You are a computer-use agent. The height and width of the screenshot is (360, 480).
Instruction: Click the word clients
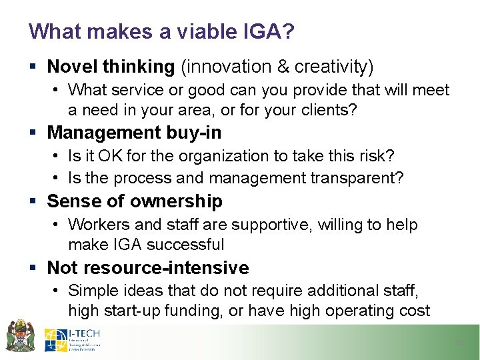pos(331,110)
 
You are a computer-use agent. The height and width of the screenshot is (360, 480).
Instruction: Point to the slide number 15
pos(458,343)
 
